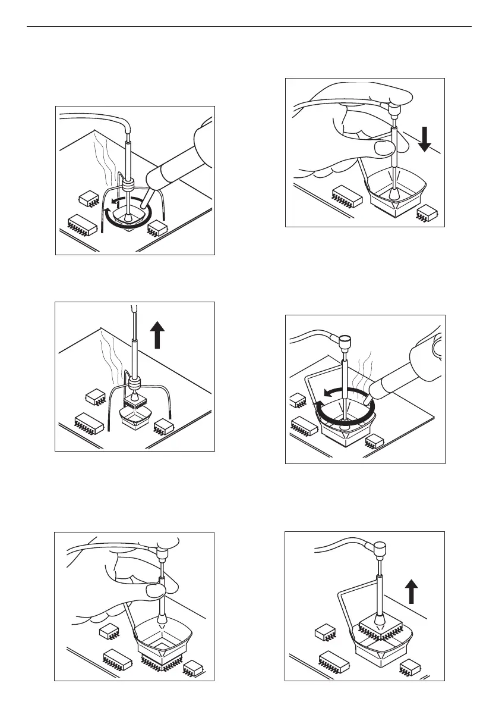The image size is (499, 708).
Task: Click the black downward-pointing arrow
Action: click(425, 140)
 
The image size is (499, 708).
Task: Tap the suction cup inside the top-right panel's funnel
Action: click(393, 193)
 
